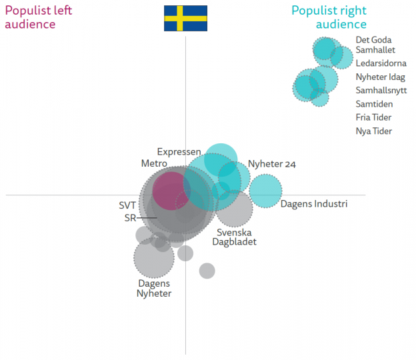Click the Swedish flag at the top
185,18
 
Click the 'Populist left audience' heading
39,17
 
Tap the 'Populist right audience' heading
329,17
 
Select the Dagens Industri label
313,204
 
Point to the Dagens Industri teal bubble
265,191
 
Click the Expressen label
179,152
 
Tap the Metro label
154,163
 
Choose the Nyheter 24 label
272,164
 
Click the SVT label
127,205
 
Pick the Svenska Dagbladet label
234,237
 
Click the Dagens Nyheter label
154,288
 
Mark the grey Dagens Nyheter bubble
154,257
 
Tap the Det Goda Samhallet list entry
375,45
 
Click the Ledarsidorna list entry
381,63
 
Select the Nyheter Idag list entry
380,77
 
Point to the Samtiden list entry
374,104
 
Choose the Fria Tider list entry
373,117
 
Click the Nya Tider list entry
373,131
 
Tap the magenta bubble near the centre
171,190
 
